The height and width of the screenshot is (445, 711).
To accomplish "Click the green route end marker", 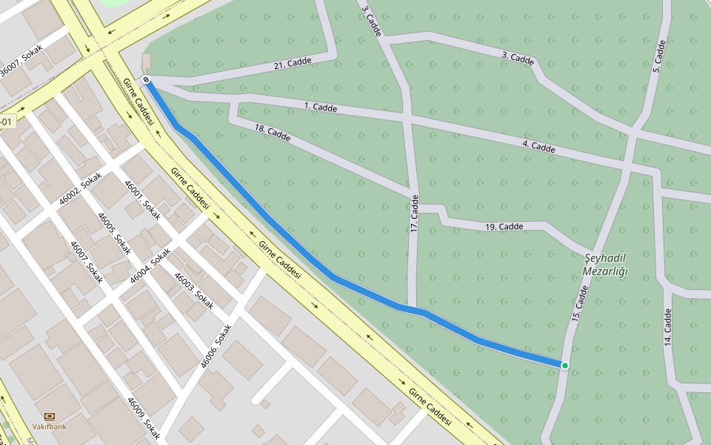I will [565, 365].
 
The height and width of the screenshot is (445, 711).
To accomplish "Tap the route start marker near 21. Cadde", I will [147, 79].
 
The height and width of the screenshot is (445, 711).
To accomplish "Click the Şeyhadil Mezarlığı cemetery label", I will [606, 264].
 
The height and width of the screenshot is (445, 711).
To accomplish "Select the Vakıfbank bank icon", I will [50, 417].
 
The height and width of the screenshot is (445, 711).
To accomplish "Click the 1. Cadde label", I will [320, 108].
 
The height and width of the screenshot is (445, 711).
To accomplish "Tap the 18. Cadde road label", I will [272, 133].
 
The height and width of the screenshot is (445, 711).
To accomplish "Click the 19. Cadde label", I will [504, 226].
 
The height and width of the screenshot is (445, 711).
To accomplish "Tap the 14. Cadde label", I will [667, 327].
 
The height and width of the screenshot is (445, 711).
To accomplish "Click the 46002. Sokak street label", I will [80, 188].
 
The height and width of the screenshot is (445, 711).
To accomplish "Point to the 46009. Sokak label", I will [143, 418].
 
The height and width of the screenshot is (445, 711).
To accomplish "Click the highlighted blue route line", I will [296, 245].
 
